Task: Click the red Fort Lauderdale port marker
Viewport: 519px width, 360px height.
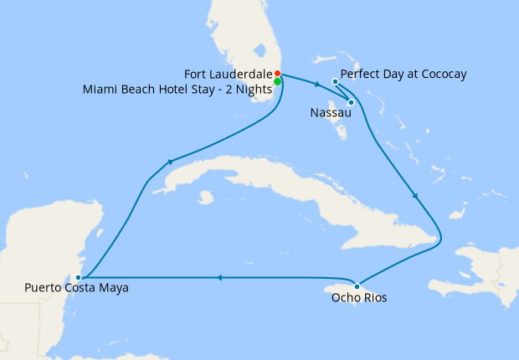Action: [x=277, y=74]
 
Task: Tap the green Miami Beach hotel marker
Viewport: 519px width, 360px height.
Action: [x=277, y=82]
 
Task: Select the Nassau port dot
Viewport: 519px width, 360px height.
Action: [x=351, y=103]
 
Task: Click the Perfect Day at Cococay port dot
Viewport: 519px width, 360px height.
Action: [x=335, y=81]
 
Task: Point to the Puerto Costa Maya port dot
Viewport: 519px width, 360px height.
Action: [x=78, y=277]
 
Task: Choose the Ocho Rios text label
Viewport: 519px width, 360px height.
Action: [x=359, y=297]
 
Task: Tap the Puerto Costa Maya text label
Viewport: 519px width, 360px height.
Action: [x=76, y=289]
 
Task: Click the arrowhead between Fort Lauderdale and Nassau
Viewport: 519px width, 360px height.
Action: [x=316, y=85]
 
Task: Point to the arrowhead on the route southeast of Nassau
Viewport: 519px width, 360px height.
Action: [x=415, y=196]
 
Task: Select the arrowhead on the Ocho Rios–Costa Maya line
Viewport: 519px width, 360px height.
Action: [x=218, y=278]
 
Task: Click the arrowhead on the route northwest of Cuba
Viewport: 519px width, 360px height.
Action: [x=171, y=162]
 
